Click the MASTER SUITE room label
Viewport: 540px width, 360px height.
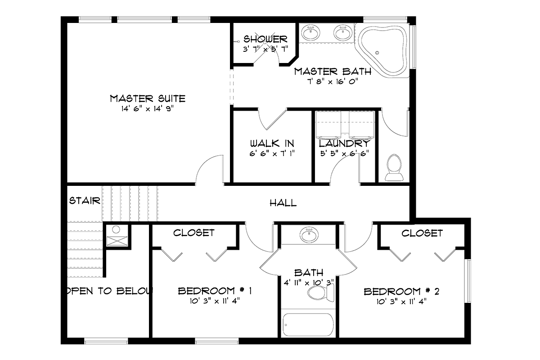tap(148, 99)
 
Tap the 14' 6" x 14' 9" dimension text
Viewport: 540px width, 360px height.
tap(147, 109)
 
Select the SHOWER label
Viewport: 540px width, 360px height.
tap(265, 39)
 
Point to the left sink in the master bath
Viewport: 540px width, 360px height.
tap(311, 33)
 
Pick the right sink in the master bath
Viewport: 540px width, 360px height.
tap(343, 33)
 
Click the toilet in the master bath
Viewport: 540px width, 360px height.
tap(394, 167)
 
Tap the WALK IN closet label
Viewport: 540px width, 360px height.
tap(272, 144)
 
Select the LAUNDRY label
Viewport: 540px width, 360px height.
tap(344, 144)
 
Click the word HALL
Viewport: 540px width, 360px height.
tap(283, 203)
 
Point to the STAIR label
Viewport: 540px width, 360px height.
tap(85, 201)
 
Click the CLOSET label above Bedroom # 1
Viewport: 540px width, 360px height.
tap(193, 233)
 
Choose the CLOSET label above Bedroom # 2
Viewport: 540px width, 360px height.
tap(422, 233)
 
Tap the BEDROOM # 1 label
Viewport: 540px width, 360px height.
tap(215, 291)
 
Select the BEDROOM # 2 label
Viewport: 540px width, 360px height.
tap(401, 292)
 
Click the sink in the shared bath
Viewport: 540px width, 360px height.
tap(309, 234)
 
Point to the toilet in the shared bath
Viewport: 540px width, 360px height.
tap(321, 293)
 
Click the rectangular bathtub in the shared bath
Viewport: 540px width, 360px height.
tap(308, 324)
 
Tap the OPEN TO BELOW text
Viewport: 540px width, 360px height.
tap(110, 291)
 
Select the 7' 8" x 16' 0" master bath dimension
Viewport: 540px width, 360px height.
tap(333, 81)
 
